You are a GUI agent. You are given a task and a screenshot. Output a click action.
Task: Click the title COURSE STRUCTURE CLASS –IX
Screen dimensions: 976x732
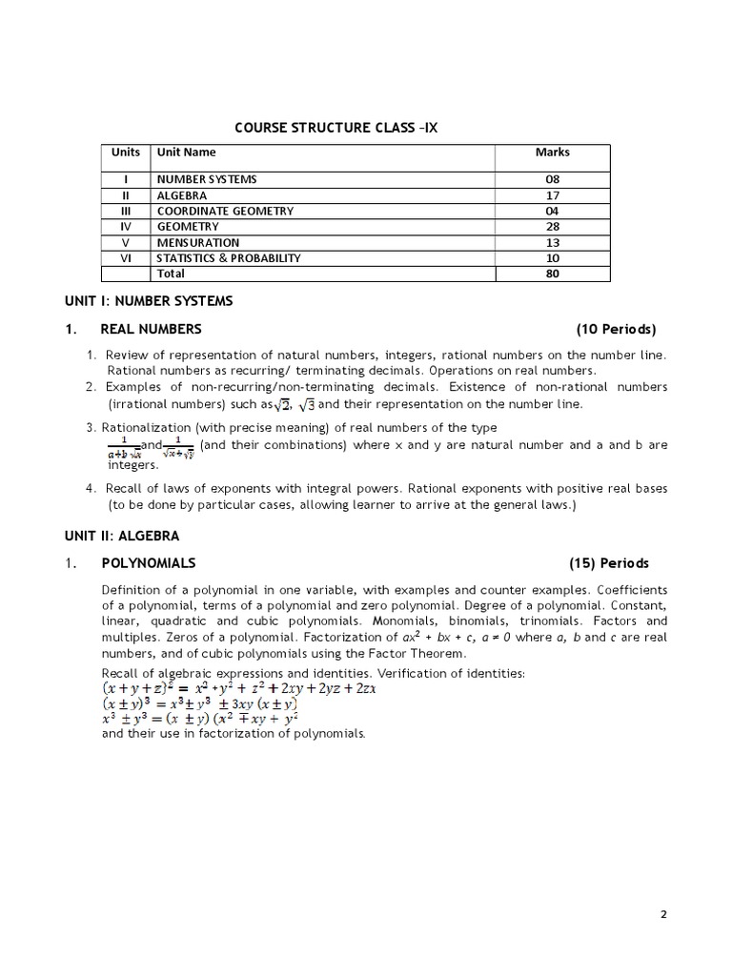335,128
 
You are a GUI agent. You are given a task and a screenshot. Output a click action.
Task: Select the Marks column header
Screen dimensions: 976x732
552,152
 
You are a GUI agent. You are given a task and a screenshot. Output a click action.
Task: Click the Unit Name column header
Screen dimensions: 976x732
187,152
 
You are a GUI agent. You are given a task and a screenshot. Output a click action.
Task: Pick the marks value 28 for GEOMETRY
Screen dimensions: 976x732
552,227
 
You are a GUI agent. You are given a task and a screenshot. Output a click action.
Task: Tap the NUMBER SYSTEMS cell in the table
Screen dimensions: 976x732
207,179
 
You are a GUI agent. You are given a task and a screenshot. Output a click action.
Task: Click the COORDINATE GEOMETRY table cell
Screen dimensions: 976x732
225,211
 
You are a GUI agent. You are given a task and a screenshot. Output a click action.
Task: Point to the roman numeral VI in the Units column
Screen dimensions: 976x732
126,258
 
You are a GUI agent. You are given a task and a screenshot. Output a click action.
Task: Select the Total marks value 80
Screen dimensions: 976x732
552,274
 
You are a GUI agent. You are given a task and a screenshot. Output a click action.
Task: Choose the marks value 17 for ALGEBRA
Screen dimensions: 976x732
552,195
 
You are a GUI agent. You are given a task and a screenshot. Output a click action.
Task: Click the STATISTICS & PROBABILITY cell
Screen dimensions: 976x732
229,258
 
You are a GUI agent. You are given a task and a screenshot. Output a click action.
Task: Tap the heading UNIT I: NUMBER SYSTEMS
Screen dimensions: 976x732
148,301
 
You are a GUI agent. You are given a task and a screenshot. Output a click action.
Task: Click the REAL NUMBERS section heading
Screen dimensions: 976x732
151,330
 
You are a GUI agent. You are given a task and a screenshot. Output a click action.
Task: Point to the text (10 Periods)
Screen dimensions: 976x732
616,330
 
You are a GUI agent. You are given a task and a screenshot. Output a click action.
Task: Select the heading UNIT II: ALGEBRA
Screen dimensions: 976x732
121,537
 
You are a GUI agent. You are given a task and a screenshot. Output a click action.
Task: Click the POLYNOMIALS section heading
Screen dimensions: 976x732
149,563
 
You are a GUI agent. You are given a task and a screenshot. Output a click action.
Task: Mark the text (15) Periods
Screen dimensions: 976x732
609,563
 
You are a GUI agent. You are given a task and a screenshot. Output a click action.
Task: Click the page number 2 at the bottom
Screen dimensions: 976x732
663,915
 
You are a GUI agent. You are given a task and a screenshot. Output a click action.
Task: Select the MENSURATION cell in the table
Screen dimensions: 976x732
198,242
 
